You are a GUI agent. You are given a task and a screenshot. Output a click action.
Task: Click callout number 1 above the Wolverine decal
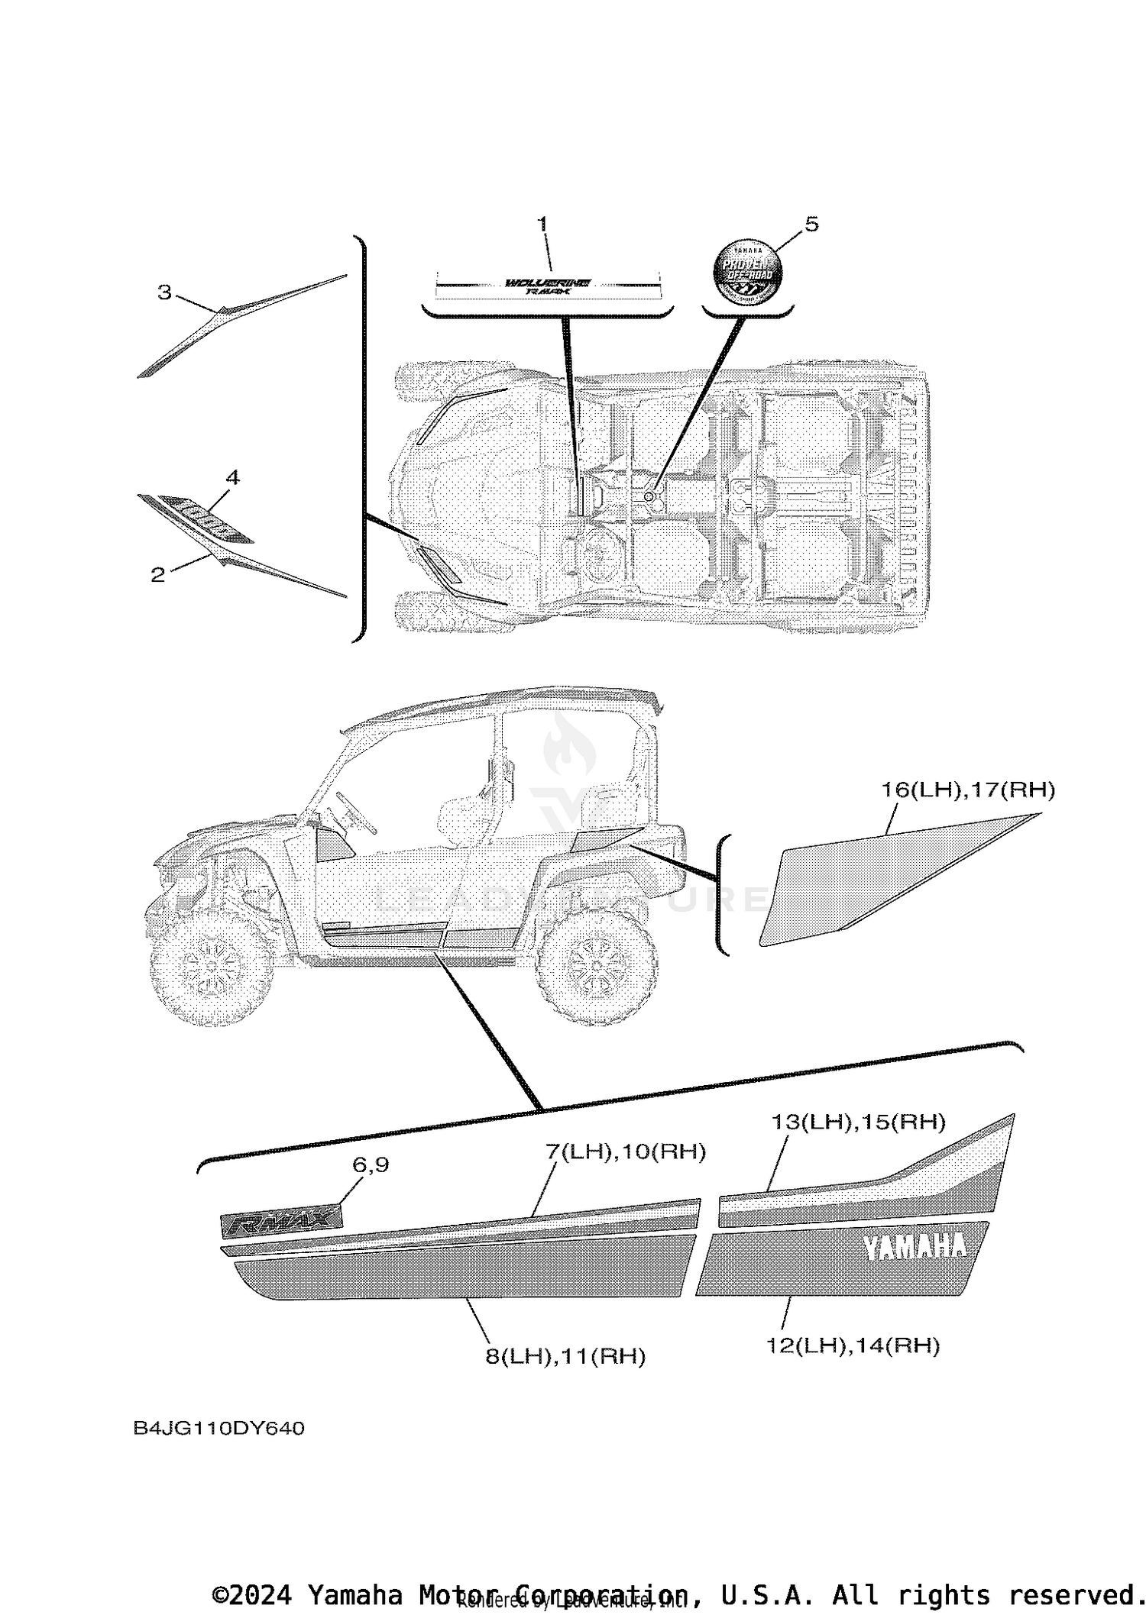(542, 224)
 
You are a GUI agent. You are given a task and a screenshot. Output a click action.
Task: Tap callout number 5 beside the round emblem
(811, 224)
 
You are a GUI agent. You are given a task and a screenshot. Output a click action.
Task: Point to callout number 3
(164, 292)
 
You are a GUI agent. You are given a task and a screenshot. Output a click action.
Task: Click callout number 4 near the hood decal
(232, 478)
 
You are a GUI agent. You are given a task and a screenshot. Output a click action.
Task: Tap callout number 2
(157, 575)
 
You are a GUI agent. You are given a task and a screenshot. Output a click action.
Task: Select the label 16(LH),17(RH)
(968, 790)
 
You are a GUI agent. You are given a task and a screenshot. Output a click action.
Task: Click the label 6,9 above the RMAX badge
(371, 1164)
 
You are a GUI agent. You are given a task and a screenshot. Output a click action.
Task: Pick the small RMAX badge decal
(281, 1220)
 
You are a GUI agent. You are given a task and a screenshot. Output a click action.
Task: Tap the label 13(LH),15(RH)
(858, 1122)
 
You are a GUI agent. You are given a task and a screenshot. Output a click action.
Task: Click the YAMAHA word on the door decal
(915, 1247)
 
